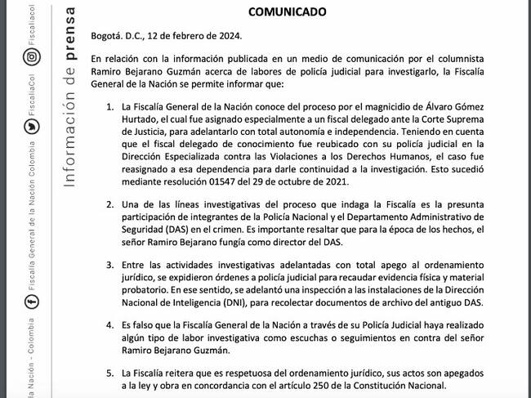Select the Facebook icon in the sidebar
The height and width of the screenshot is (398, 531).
tap(30, 303)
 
